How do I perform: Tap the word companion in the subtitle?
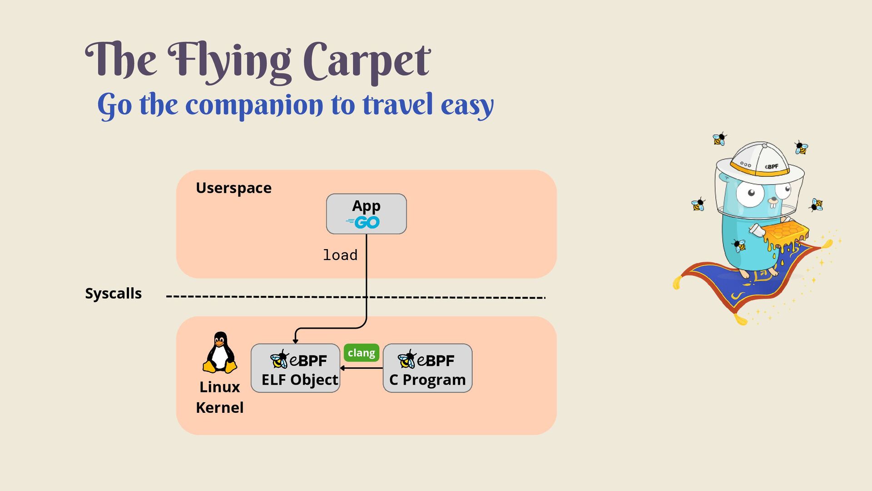[x=254, y=105]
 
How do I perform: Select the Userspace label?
[x=233, y=188]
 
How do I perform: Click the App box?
[x=366, y=214]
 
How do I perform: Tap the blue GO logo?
[x=363, y=222]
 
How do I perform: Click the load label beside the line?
[x=340, y=255]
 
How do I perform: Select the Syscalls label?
[x=113, y=293]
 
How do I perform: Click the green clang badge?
[x=361, y=353]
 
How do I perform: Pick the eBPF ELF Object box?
[x=295, y=368]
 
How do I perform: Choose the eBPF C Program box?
[x=427, y=368]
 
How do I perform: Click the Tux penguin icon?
[x=220, y=352]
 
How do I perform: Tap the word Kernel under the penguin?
[x=219, y=407]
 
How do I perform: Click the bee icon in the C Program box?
[x=407, y=360]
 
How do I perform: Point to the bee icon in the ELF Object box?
[x=279, y=360]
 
